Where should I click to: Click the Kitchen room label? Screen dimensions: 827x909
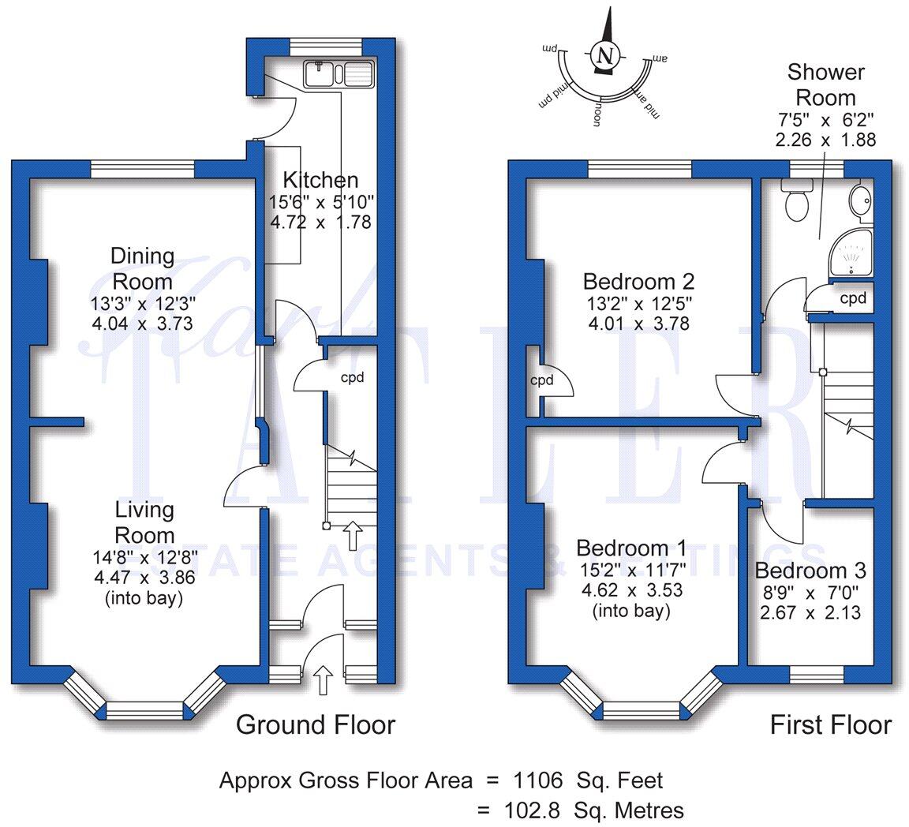(320, 180)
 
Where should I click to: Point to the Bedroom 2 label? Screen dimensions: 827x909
(638, 282)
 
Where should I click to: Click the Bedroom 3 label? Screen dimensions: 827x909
(810, 571)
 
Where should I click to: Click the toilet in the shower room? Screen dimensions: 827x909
(795, 201)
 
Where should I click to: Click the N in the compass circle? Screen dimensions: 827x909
(604, 55)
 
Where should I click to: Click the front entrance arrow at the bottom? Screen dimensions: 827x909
(323, 679)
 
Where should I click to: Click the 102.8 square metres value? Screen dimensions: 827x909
(535, 810)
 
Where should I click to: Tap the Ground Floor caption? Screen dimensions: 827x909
(316, 724)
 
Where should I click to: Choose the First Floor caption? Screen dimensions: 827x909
(830, 724)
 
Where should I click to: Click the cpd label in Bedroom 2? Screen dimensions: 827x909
(541, 380)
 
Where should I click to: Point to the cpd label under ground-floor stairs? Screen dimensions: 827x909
(352, 377)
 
